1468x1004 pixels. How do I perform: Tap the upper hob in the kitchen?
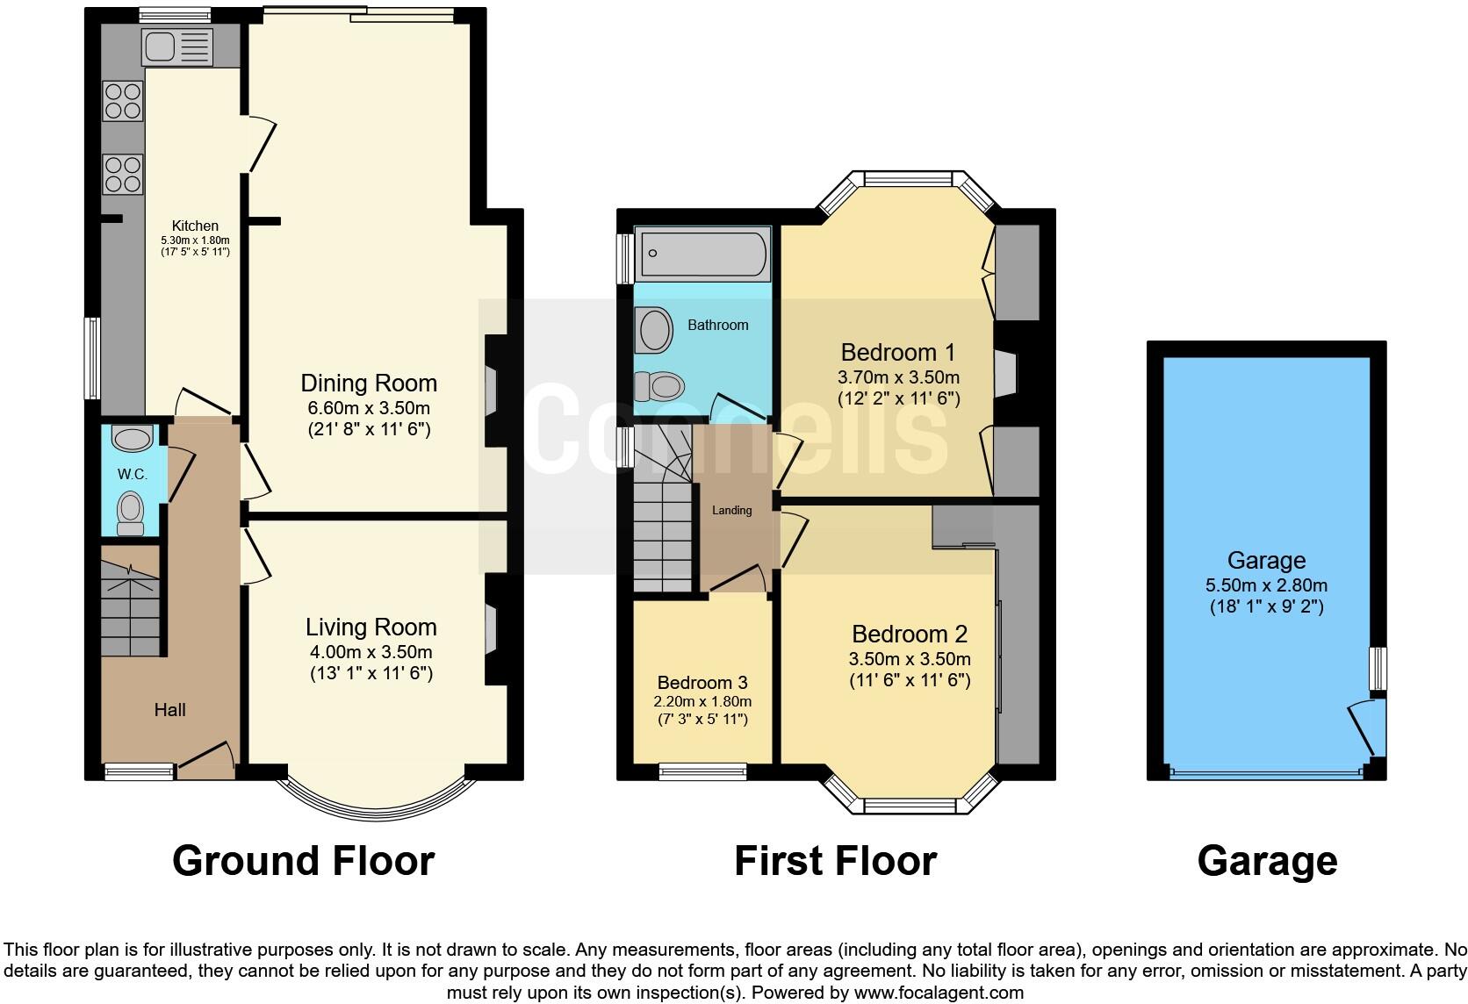pos(124,100)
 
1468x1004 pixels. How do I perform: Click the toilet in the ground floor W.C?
pos(131,513)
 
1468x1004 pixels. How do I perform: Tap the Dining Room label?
pos(369,383)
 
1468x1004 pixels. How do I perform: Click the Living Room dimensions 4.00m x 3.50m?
pos(371,651)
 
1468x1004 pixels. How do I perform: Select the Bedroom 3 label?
pos(702,682)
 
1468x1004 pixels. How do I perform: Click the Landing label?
pos(731,510)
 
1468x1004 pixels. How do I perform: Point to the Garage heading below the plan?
pos(1267,861)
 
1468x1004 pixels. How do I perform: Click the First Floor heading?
pos(835,861)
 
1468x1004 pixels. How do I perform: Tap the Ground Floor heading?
pos(304,861)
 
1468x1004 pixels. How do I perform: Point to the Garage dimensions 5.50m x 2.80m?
pos(1266,585)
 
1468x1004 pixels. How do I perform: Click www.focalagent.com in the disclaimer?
pos(939,993)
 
